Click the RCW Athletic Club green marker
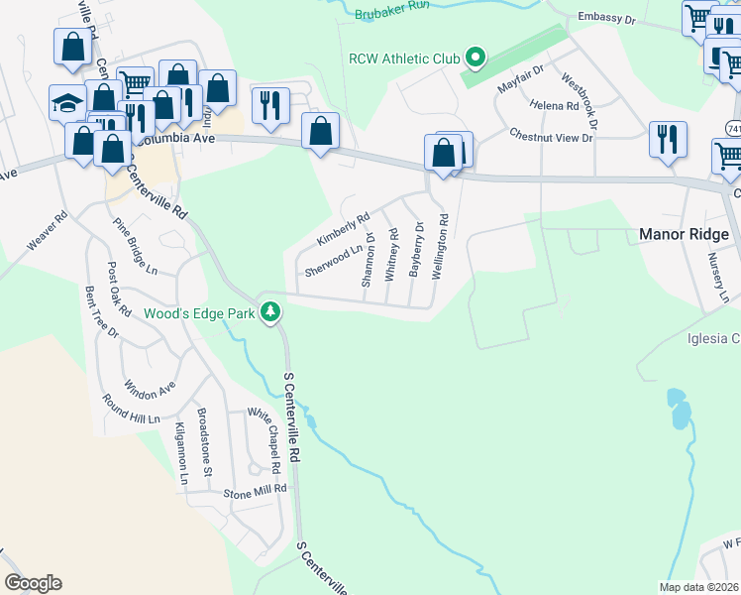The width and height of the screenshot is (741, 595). click(x=476, y=59)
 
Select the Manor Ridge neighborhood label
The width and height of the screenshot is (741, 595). click(x=685, y=235)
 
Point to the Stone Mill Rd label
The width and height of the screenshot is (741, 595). click(x=255, y=490)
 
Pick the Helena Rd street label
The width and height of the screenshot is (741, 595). click(x=555, y=105)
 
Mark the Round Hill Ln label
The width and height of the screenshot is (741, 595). click(x=131, y=410)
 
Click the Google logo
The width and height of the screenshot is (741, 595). click(x=33, y=583)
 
